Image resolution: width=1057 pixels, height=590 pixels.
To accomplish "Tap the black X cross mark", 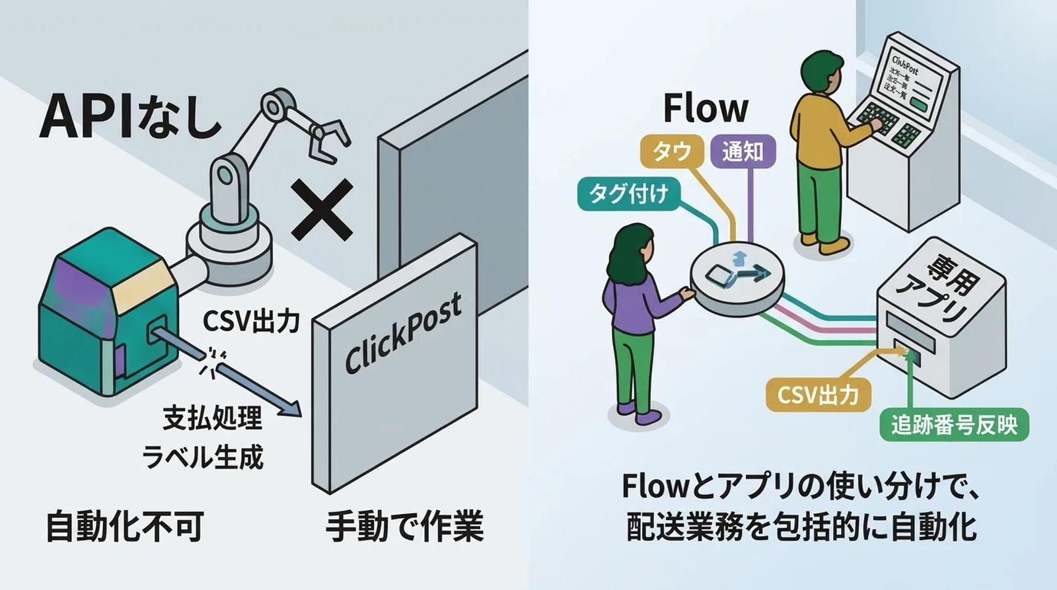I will click(x=322, y=209).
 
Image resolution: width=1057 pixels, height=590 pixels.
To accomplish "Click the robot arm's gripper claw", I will click(x=327, y=139).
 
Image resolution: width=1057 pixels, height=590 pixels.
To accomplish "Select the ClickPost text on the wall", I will click(x=403, y=334).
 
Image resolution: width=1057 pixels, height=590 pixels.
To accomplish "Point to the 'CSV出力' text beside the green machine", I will click(x=251, y=321).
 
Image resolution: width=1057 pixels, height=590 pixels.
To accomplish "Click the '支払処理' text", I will click(x=213, y=418).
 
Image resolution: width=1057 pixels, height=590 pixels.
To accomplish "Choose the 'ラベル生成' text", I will click(x=203, y=457).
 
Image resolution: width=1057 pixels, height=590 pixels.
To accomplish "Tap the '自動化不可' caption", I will click(x=124, y=527).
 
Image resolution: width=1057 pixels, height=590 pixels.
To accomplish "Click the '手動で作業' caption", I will click(x=405, y=527).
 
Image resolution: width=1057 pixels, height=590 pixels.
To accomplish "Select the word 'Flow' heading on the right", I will click(x=705, y=109).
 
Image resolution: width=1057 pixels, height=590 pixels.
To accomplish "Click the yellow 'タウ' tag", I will click(x=671, y=151).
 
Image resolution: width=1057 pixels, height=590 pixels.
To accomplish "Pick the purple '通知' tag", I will click(x=743, y=151).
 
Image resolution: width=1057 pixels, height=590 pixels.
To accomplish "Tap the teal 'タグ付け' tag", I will click(x=628, y=194).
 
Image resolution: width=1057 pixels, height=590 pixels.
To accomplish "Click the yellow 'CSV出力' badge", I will click(x=818, y=395).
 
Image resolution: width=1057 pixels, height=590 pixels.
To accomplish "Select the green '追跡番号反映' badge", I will click(x=954, y=424).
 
